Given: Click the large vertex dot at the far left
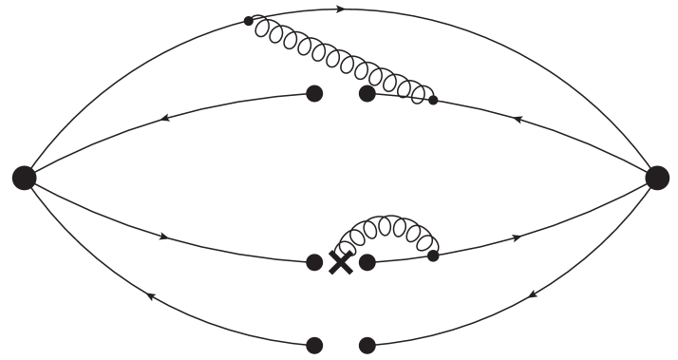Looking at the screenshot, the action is pyautogui.click(x=25, y=177).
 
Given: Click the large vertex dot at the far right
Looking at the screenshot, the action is pyautogui.click(x=657, y=177).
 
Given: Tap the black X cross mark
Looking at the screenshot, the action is pyautogui.click(x=340, y=263).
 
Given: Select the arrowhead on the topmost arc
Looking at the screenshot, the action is pyautogui.click(x=341, y=9).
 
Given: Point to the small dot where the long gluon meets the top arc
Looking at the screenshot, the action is pyautogui.click(x=249, y=20).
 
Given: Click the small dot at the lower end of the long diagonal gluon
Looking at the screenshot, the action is pyautogui.click(x=433, y=99).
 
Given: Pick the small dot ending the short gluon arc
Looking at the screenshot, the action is pyautogui.click(x=433, y=255).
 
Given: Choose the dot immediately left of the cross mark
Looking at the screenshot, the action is pyautogui.click(x=315, y=263).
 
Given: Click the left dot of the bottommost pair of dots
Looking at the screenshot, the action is pyautogui.click(x=315, y=345).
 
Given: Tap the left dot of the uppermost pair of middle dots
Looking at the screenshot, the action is pyautogui.click(x=315, y=93).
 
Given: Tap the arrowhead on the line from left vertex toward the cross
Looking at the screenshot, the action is pyautogui.click(x=165, y=235).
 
